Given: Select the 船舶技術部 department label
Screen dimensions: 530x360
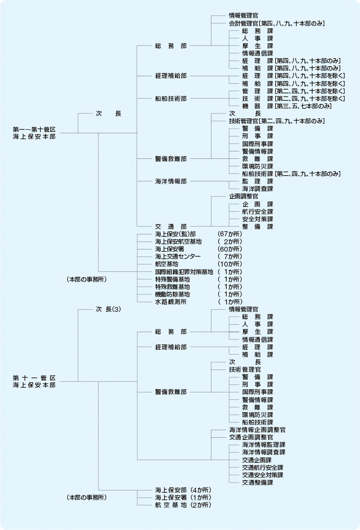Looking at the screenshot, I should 171,99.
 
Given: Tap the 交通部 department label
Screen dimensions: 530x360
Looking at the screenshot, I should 171,226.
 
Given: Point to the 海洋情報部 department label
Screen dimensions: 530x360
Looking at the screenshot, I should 171,181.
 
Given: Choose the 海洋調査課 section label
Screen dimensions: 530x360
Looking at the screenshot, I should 257,189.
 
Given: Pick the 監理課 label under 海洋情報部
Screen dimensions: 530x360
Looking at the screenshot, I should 257,181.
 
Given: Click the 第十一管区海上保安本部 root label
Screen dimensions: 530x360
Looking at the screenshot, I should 34,381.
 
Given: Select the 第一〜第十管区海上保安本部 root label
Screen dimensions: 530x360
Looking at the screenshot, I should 34,133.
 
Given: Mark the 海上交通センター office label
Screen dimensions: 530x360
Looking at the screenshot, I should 176,256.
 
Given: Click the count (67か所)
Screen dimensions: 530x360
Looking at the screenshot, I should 230,234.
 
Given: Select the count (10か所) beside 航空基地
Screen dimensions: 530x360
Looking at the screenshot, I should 230,264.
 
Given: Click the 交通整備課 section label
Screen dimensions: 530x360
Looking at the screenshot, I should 257,483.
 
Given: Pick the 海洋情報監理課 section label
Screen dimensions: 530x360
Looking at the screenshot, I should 263,445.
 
